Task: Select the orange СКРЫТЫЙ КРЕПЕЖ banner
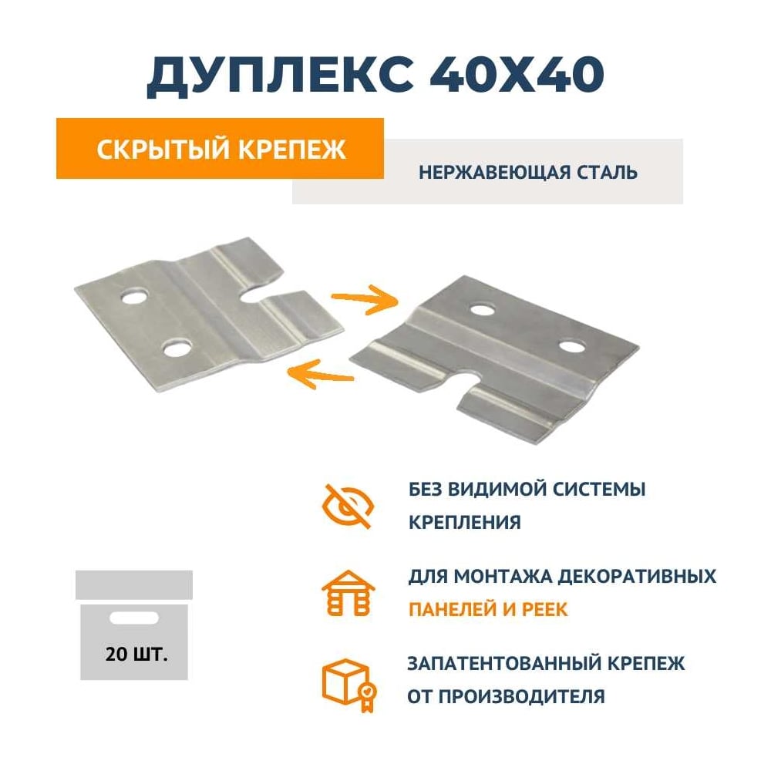click(x=220, y=149)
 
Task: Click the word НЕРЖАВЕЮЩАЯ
click(x=494, y=173)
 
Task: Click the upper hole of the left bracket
click(x=134, y=298)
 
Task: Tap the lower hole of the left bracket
click(x=177, y=348)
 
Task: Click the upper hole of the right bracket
click(x=483, y=309)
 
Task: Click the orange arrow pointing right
click(x=365, y=298)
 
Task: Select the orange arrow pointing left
click(x=320, y=374)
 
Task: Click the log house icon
click(x=348, y=593)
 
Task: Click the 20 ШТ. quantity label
click(x=136, y=655)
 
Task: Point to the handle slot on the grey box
click(x=133, y=618)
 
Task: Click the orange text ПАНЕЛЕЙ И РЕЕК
click(x=488, y=610)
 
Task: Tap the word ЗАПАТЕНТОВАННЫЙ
click(x=503, y=664)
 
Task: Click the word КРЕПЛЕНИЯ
click(x=465, y=522)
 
